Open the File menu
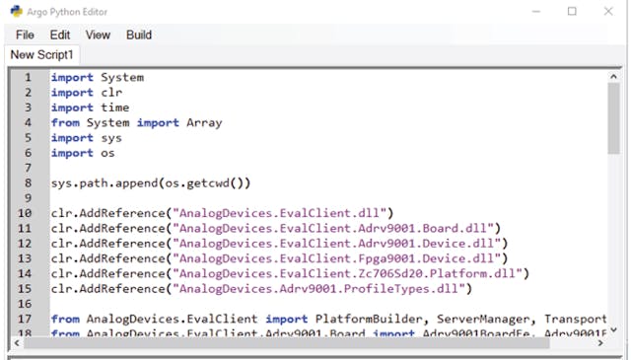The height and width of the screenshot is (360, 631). tap(25, 35)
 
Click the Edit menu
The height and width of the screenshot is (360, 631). tap(60, 35)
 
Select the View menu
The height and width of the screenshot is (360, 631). tap(98, 35)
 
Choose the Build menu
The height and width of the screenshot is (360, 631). tap(139, 35)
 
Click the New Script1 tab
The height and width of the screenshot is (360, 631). tap(42, 54)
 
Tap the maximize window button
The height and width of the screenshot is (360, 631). tap(572, 12)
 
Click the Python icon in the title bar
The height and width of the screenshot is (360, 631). tap(12, 12)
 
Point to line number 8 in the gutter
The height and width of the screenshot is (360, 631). tap(28, 182)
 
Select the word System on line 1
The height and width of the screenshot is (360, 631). tap(121, 77)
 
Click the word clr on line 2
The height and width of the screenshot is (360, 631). tap(110, 93)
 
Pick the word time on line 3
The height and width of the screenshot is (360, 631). tap(114, 108)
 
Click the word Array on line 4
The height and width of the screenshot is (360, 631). tap(204, 122)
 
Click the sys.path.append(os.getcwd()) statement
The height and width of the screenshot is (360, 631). tap(151, 182)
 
